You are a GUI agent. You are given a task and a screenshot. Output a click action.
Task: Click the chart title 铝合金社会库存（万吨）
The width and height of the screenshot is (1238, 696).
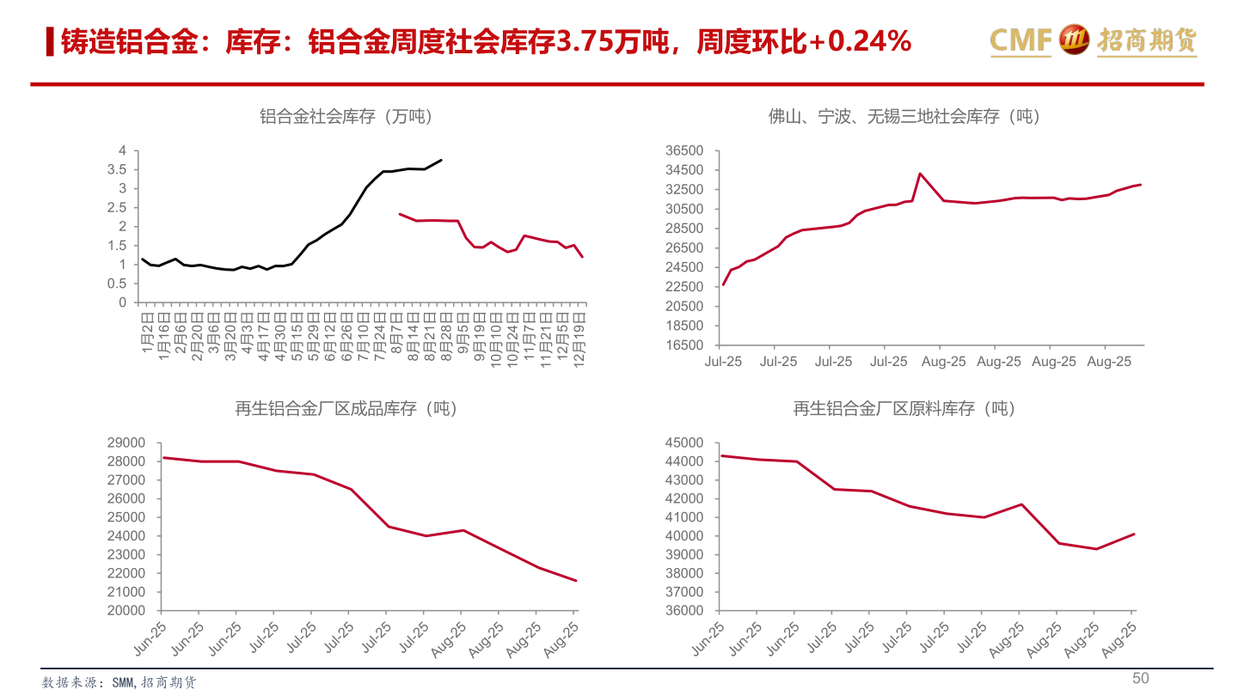[x=346, y=117]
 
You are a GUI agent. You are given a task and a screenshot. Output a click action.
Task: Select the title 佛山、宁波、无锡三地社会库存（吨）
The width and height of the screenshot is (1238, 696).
[x=904, y=117]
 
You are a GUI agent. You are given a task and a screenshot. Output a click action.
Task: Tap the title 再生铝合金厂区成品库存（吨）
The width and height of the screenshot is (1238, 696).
[x=346, y=409]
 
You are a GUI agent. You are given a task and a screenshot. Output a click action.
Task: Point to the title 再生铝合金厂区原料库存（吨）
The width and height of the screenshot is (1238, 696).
[x=904, y=409]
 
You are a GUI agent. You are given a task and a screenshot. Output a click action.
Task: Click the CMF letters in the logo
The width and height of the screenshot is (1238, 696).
[x=1020, y=40]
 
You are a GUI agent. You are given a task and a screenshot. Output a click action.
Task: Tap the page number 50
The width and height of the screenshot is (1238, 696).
[x=1140, y=678]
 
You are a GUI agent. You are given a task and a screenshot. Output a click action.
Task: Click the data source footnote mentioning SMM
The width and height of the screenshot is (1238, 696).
[x=120, y=682]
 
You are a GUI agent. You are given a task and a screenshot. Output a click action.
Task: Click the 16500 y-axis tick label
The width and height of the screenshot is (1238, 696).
[x=684, y=345]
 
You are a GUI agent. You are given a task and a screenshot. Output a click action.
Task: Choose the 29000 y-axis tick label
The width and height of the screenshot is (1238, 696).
[x=126, y=443]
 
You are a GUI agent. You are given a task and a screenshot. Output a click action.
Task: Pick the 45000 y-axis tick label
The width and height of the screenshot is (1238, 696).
[x=684, y=443]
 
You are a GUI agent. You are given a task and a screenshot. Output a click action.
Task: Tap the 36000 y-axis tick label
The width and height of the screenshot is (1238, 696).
[x=684, y=611]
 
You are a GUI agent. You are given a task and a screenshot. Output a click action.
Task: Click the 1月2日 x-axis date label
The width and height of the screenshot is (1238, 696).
[x=146, y=330]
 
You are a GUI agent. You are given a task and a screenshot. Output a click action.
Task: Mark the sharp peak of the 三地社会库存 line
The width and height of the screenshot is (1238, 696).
[x=920, y=174]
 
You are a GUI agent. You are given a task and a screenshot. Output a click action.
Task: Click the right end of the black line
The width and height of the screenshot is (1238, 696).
[x=441, y=160]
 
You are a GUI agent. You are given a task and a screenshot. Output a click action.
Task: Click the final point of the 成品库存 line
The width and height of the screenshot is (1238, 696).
[x=576, y=581]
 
